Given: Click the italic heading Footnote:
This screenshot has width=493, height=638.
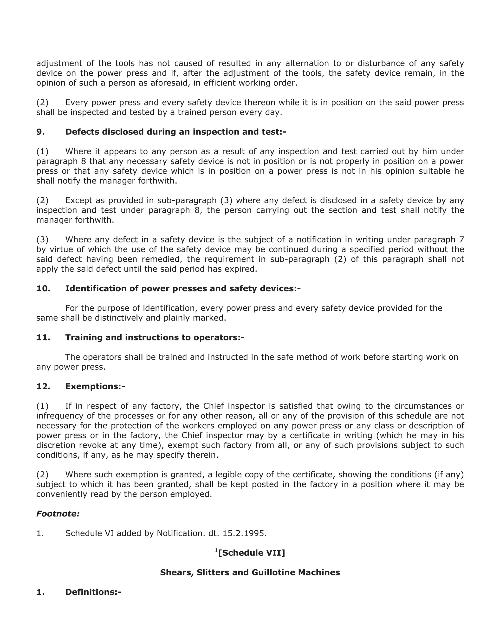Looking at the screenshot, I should tap(58, 514).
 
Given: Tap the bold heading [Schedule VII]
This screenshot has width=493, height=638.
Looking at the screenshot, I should tap(252, 553).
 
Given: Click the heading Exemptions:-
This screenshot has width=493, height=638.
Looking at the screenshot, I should tap(95, 386).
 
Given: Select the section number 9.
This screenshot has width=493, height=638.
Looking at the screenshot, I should tap(40, 132).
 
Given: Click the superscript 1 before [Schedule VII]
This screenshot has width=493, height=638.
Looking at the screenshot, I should tap(216, 550).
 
